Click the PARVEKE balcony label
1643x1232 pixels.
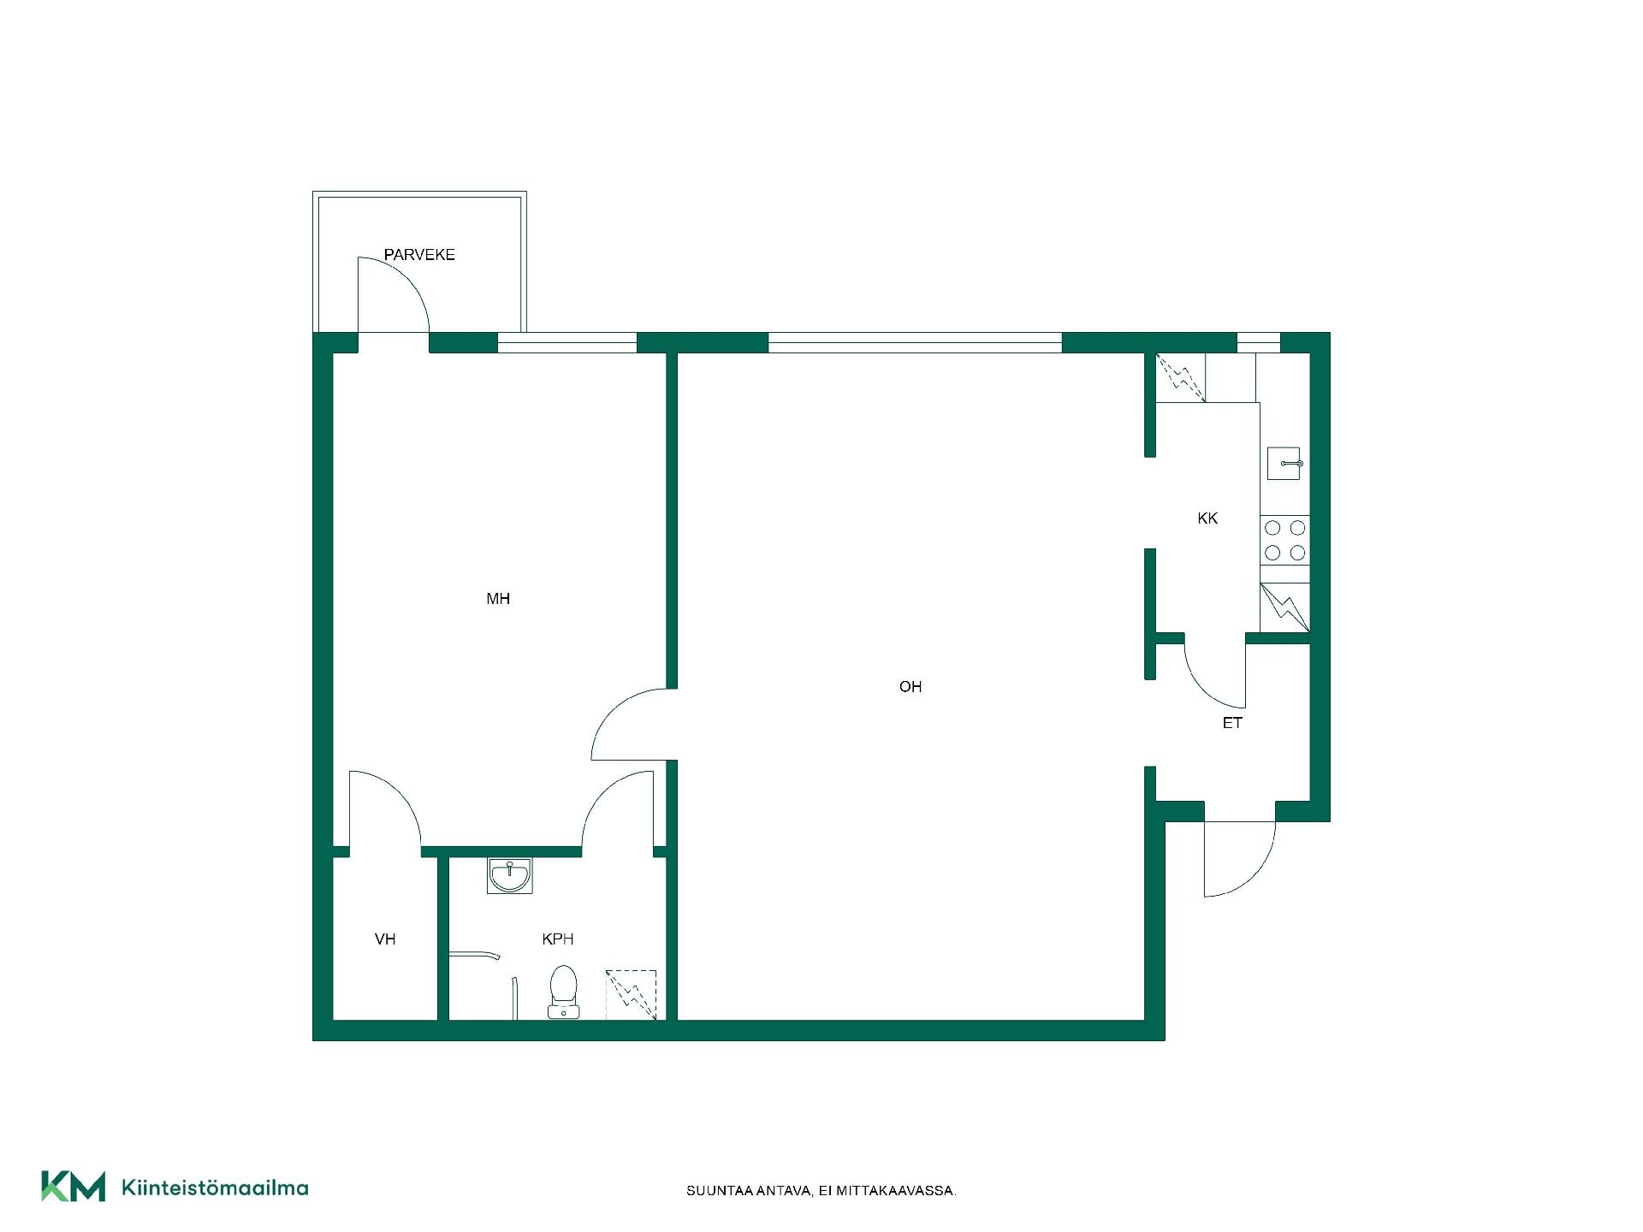pyautogui.click(x=419, y=255)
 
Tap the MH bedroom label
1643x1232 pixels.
pyautogui.click(x=498, y=599)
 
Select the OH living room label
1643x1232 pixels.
pyautogui.click(x=910, y=686)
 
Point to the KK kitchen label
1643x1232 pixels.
pyautogui.click(x=1207, y=518)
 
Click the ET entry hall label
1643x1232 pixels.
pyautogui.click(x=1232, y=723)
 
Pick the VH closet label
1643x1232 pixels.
pyautogui.click(x=385, y=939)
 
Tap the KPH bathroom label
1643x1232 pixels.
pyautogui.click(x=558, y=939)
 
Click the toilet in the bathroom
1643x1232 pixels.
pyautogui.click(x=563, y=992)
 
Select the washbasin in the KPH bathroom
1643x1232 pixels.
pyautogui.click(x=509, y=875)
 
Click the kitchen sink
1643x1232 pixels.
pyautogui.click(x=1284, y=463)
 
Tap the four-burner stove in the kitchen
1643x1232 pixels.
pyautogui.click(x=1284, y=540)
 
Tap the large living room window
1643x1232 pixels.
pyautogui.click(x=915, y=342)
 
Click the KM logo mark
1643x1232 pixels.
pyautogui.click(x=74, y=1186)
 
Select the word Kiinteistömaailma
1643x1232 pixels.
pyautogui.click(x=215, y=1188)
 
